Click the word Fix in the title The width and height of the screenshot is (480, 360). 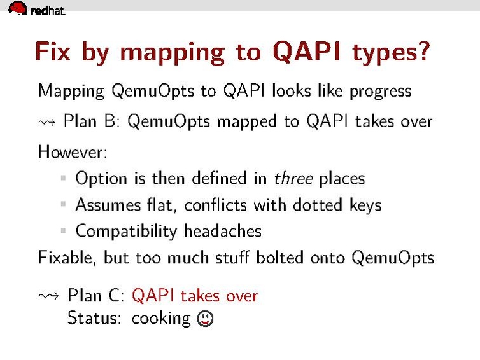[x=52, y=52]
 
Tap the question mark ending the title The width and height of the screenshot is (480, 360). [x=422, y=52]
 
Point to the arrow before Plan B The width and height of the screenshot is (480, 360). [x=48, y=122]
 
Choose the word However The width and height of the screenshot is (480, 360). [x=69, y=152]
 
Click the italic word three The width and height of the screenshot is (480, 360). [x=293, y=178]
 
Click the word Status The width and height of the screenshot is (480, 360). [x=94, y=318]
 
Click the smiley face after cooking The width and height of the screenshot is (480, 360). [x=206, y=318]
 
